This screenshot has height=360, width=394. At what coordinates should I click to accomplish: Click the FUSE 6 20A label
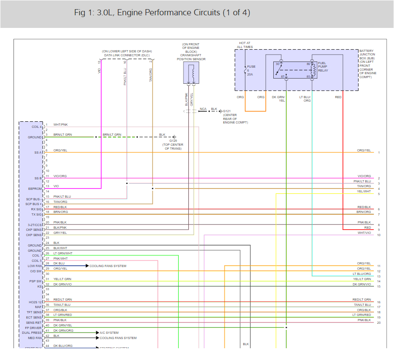pyautogui.click(x=252, y=70)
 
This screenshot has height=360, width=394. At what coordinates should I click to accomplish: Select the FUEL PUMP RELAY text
pyautogui.click(x=323, y=67)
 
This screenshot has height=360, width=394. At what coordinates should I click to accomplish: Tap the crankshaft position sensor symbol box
pyautogui.click(x=191, y=72)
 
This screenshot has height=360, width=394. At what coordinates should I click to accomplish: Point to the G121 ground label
pyautogui.click(x=228, y=111)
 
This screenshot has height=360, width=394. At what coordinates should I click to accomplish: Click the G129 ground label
pyautogui.click(x=173, y=141)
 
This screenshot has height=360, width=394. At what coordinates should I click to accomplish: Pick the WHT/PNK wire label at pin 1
pyautogui.click(x=61, y=125)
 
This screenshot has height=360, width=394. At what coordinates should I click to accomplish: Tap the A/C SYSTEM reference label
pyautogui.click(x=109, y=333)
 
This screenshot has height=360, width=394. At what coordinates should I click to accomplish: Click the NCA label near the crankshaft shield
pyautogui.click(x=203, y=108)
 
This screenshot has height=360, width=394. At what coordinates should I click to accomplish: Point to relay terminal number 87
pyautogui.click(x=282, y=76)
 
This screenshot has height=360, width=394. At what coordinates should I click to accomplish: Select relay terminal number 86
pyautogui.click(x=308, y=64)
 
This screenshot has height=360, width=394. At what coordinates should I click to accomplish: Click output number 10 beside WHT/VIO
pyautogui.click(x=379, y=235)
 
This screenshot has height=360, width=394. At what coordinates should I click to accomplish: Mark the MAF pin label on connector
pyautogui.click(x=38, y=307)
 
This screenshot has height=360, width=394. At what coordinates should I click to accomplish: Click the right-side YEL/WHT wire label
pyautogui.click(x=364, y=191)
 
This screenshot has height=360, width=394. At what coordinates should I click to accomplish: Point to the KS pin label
pyautogui.click(x=40, y=286)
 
